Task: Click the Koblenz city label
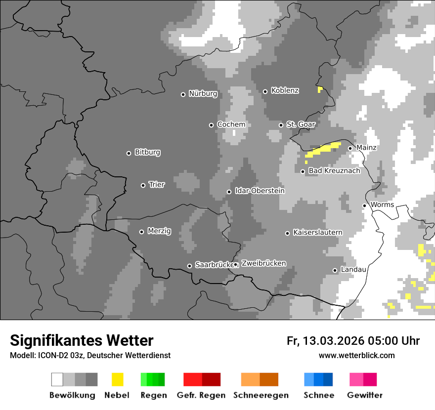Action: pos(285,90)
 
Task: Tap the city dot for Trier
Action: pos(143,185)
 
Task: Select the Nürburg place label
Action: pos(203,93)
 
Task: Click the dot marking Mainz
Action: pos(350,148)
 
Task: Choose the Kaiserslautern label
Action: pos(317,233)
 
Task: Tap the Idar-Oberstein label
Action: pos(260,191)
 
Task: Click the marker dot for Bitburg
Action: pos(129,153)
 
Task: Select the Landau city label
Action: pos(353,270)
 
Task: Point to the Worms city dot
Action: pos(365,205)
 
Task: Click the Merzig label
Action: pos(159,231)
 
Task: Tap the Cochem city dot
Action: pos(212,125)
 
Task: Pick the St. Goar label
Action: pos(301,124)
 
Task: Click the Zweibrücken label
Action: pos(263,263)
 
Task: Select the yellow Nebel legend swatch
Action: pos(117,379)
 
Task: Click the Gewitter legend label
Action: pos(364,395)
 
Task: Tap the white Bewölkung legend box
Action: pos(57,379)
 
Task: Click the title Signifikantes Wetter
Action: pos(82,340)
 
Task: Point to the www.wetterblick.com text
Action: pos(356,355)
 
